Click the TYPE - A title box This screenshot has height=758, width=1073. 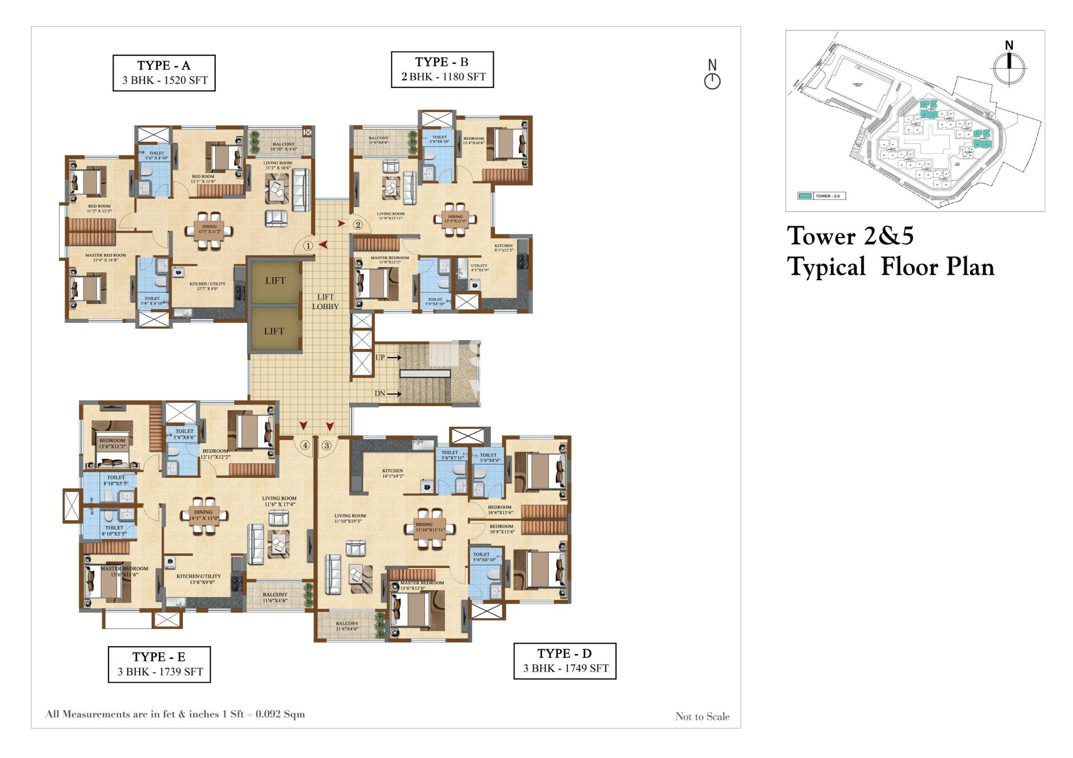[x=163, y=73]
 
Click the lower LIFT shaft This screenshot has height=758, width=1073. [x=274, y=331]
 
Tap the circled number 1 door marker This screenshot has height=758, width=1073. [x=308, y=245]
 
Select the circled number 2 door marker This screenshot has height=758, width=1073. [x=358, y=224]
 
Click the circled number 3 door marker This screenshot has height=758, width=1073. [x=327, y=445]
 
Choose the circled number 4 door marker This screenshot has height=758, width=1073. [x=305, y=445]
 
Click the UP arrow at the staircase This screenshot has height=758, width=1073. [x=394, y=357]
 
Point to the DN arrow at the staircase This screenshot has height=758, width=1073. [x=394, y=394]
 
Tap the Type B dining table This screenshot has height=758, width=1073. [x=455, y=218]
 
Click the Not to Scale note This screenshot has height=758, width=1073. [x=702, y=717]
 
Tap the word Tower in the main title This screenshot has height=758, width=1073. [x=823, y=236]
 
